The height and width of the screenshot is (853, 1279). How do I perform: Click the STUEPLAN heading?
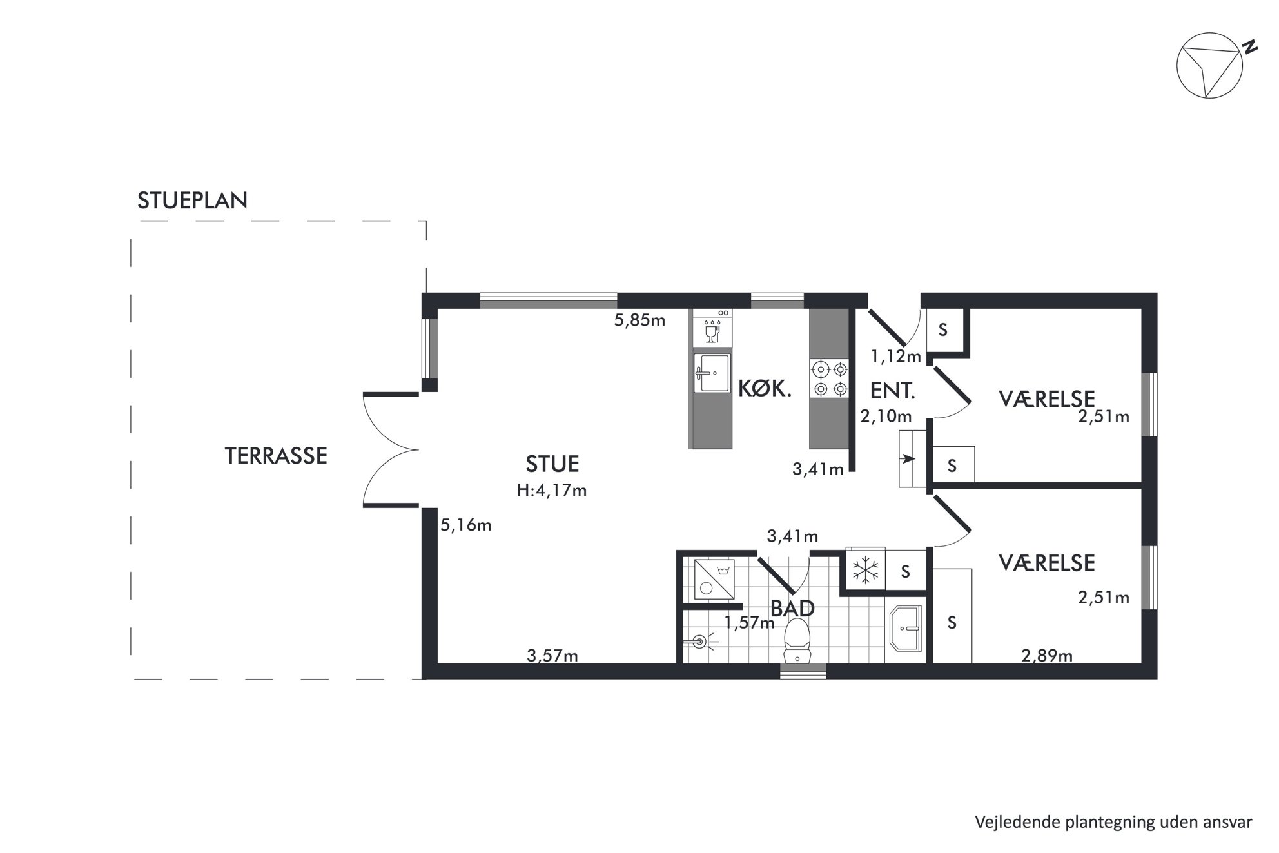192,201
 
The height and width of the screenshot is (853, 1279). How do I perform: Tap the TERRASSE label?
276,456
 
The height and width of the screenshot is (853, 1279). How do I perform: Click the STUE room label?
552,464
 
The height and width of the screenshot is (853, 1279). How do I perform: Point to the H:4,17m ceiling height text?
552,491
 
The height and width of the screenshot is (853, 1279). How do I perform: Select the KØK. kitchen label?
765,389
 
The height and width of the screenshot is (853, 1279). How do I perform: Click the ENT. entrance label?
893,391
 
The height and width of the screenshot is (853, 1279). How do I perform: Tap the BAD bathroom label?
793,608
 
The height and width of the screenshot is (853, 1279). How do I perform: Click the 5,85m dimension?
639,320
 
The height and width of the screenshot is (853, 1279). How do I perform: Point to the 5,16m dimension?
466,525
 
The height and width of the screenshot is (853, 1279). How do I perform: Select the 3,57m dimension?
552,656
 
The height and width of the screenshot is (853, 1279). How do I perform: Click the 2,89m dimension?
1047,656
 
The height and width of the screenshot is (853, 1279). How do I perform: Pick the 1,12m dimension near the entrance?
896,356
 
